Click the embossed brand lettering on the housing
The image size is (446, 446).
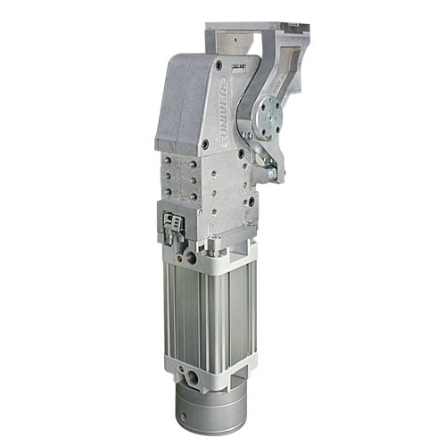220,111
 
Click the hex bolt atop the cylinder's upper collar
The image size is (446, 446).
214,241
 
